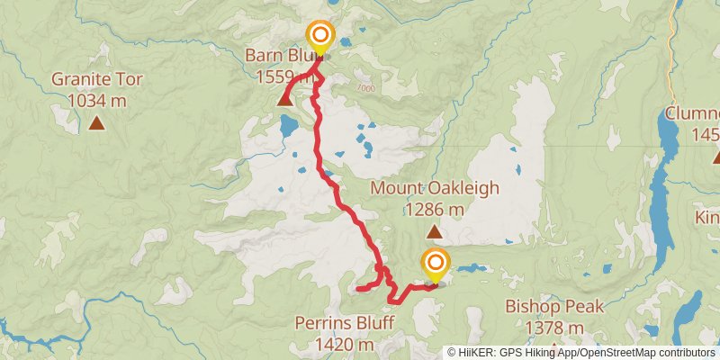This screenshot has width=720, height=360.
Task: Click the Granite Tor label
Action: point(97,79)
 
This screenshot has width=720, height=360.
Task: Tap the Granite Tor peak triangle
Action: point(97,123)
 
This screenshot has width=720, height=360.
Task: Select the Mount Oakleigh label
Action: point(435,189)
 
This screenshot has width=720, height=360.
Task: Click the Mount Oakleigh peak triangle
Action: point(435,232)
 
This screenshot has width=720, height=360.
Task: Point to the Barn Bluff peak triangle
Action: point(285,99)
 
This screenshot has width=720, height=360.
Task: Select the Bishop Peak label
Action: point(553,307)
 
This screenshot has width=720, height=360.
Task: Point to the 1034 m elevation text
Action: point(97,100)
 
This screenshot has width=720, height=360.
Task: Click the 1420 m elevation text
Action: point(346,344)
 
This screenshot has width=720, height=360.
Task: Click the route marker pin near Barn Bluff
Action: point(319,38)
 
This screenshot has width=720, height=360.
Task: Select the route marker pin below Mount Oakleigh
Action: point(436,265)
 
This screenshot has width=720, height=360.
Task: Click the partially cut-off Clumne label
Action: point(693,115)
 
